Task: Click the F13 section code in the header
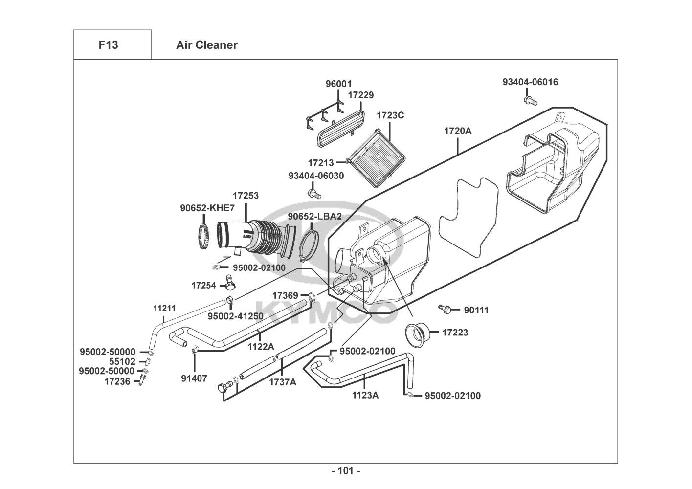point(108,45)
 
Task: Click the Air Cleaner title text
point(206,45)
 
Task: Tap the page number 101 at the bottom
point(346,471)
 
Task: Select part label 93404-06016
point(530,82)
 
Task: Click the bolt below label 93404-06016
point(529,100)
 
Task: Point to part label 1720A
point(458,131)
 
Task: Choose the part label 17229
point(361,95)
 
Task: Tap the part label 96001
point(338,84)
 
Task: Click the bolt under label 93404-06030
point(314,194)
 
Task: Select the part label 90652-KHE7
point(207,208)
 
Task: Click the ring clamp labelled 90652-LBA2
point(309,245)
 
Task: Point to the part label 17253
point(246,196)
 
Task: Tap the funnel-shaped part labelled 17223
point(418,335)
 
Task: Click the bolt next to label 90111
point(445,309)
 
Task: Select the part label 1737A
point(283,382)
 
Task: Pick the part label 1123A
point(365,395)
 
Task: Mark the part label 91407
point(194,378)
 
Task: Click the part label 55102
point(122,361)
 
